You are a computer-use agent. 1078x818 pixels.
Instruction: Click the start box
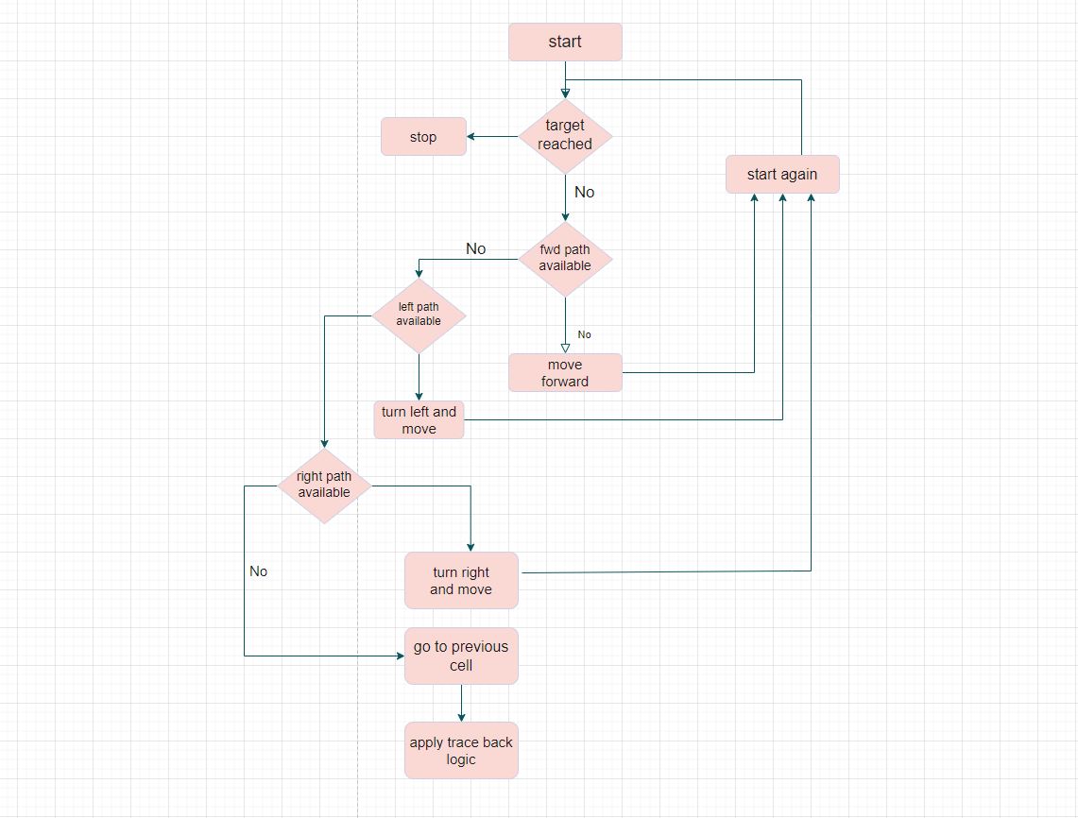pyautogui.click(x=565, y=43)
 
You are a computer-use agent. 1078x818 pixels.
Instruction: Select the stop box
pyautogui.click(x=423, y=137)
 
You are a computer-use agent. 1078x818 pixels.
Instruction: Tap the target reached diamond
pyautogui.click(x=565, y=136)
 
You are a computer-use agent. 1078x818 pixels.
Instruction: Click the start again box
pyautogui.click(x=782, y=175)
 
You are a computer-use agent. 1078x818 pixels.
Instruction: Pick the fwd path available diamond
pyautogui.click(x=565, y=259)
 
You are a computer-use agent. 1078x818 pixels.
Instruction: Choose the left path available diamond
pyautogui.click(x=419, y=315)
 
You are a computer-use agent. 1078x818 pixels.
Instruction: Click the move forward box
pyautogui.click(x=565, y=373)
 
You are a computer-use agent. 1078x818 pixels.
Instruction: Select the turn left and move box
pyautogui.click(x=419, y=420)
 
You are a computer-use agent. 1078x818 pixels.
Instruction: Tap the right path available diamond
pyautogui.click(x=324, y=486)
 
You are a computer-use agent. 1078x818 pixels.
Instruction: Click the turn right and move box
pyautogui.click(x=461, y=581)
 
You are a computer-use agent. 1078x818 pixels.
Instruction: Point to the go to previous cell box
pyautogui.click(x=461, y=656)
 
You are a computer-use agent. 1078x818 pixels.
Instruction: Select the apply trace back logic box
pyautogui.click(x=461, y=751)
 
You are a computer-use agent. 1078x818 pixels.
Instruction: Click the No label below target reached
pyautogui.click(x=585, y=193)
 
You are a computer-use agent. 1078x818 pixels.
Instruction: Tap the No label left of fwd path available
pyautogui.click(x=476, y=249)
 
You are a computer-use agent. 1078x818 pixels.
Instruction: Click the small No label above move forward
pyautogui.click(x=585, y=334)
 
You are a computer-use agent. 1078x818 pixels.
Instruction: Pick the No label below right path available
pyautogui.click(x=259, y=571)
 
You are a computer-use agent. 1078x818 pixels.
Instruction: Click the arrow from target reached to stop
pyautogui.click(x=492, y=137)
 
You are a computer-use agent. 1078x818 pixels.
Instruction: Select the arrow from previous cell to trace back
pyautogui.click(x=461, y=704)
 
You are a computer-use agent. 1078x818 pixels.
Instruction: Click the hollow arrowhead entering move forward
pyautogui.click(x=565, y=348)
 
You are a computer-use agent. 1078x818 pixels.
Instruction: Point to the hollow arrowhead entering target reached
pyautogui.click(x=565, y=93)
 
